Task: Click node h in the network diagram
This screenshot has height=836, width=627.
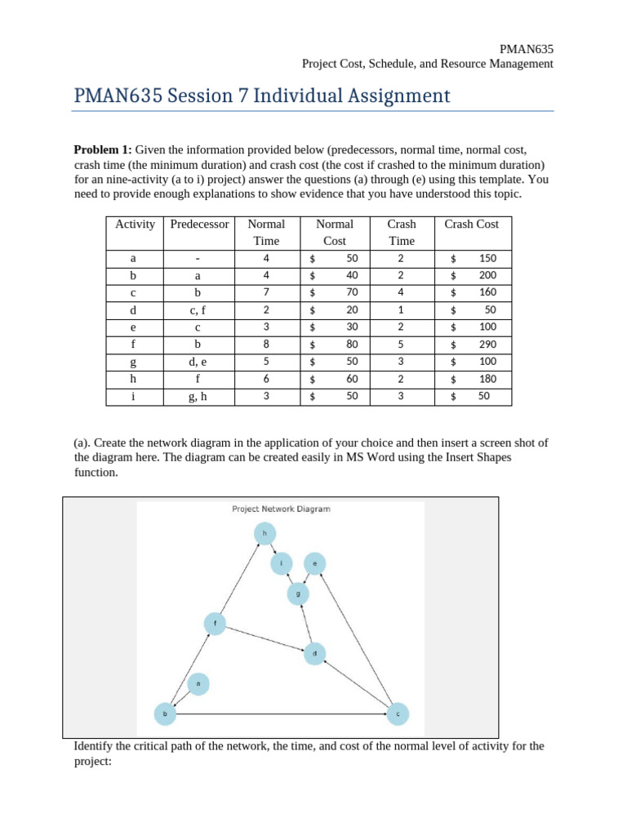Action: click(x=264, y=534)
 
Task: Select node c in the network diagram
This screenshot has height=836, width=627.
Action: click(x=398, y=714)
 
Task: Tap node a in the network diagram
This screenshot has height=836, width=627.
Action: click(x=198, y=683)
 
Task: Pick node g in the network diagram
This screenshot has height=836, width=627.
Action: click(x=298, y=594)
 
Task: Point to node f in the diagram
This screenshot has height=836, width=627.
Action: click(x=215, y=623)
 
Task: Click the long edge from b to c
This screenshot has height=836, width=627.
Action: click(x=282, y=714)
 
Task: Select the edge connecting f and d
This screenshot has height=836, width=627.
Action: click(x=265, y=638)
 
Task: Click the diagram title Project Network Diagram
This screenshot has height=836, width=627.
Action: click(x=281, y=509)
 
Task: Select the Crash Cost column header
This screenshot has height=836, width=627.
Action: click(x=471, y=225)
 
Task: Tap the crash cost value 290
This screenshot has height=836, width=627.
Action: click(x=487, y=345)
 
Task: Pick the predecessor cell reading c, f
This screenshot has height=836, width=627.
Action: click(x=198, y=310)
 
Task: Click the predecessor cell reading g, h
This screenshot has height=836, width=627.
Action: click(x=198, y=396)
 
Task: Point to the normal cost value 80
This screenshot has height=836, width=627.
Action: click(x=352, y=345)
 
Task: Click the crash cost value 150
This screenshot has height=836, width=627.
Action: click(x=487, y=259)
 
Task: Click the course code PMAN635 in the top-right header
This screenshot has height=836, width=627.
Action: click(x=526, y=49)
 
